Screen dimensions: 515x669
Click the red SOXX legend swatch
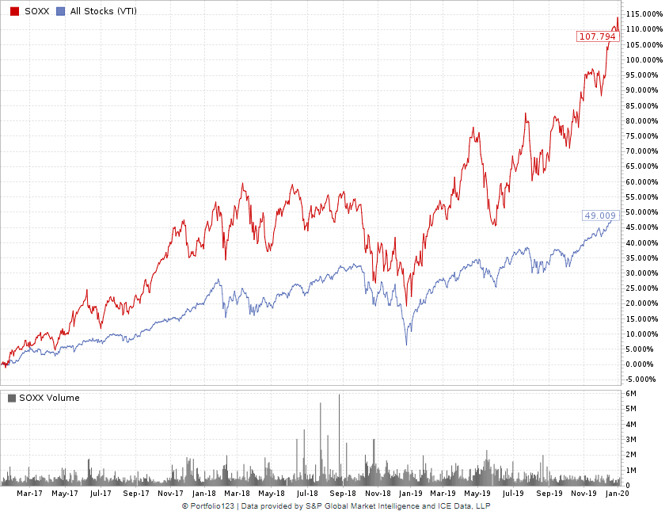[14, 11]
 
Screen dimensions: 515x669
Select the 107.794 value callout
[597, 36]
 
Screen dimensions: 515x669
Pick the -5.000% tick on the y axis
[640, 379]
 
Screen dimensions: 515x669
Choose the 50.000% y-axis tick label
[642, 212]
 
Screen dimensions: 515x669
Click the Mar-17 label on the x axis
[29, 493]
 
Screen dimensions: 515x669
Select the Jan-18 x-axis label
[205, 493]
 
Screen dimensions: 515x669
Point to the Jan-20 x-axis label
[617, 493]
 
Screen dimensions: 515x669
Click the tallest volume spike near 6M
[339, 396]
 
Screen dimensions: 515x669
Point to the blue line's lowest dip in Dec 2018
[406, 344]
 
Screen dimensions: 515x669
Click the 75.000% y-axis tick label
[642, 136]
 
